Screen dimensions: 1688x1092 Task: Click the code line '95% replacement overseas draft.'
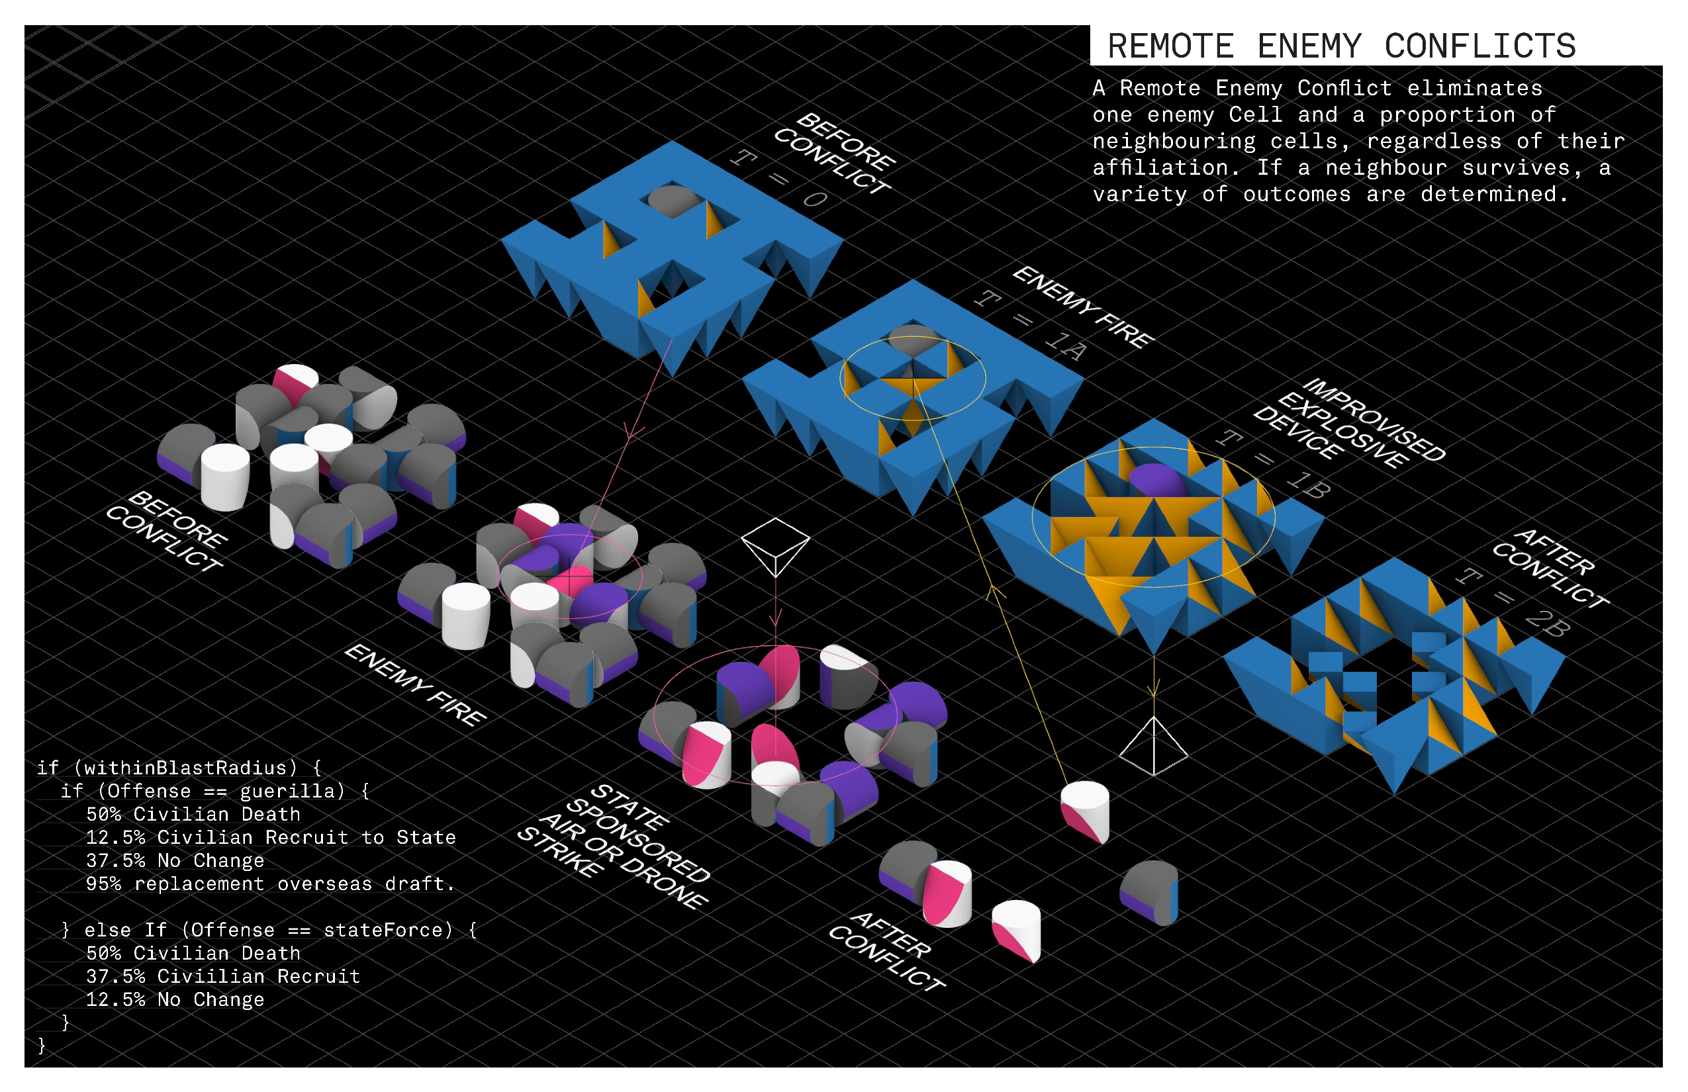tap(269, 884)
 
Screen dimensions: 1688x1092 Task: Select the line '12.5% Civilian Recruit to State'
tap(270, 837)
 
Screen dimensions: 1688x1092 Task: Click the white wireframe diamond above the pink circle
tap(775, 546)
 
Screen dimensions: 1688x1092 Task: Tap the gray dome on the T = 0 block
tap(672, 200)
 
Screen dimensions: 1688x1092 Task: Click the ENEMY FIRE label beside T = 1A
tap(1082, 307)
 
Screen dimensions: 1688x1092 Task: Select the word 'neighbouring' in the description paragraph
tap(1174, 141)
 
